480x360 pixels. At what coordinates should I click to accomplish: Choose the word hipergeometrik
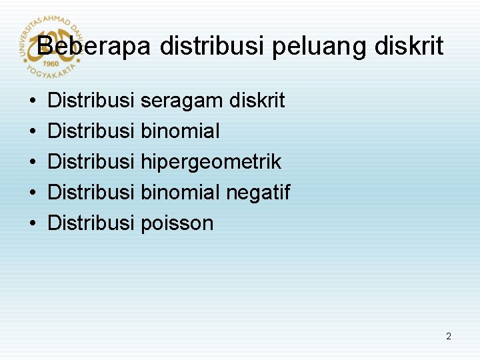pos(211,162)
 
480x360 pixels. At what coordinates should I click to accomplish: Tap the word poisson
pos(177,223)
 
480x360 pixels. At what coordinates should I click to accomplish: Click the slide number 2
pos(449,337)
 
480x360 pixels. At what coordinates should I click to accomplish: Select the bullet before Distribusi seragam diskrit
pos(33,102)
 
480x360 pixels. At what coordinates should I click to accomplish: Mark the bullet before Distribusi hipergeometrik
pos(33,163)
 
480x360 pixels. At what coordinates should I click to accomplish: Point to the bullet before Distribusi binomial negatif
pos(33,193)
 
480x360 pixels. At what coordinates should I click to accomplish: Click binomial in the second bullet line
pos(180,131)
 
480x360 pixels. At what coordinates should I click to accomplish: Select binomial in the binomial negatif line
pos(180,193)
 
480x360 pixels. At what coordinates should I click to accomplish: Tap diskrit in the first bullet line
pos(257,101)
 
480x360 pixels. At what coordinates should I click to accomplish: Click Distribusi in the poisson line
pos(91,223)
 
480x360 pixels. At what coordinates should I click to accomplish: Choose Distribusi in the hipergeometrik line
pos(91,162)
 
